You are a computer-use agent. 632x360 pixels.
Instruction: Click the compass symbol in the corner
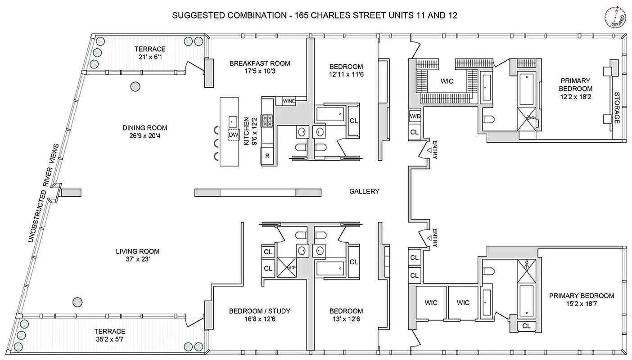click(x=614, y=18)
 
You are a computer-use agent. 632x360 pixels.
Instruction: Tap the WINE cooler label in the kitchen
click(x=289, y=101)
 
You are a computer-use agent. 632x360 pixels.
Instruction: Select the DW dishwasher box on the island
click(x=233, y=135)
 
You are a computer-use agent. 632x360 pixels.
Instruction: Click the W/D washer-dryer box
click(x=415, y=117)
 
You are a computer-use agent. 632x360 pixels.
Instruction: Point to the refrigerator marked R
click(x=267, y=156)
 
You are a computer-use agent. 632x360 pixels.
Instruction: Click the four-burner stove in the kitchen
click(x=267, y=121)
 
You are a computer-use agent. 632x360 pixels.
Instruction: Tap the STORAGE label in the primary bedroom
click(x=617, y=108)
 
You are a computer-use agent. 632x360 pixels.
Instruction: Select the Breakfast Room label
click(x=260, y=63)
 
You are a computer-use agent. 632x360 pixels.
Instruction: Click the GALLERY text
click(x=364, y=191)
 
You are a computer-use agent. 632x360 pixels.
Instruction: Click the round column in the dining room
click(x=135, y=86)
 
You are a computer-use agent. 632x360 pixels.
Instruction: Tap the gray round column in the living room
click(x=78, y=301)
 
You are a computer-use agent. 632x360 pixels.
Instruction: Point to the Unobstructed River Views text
click(x=43, y=193)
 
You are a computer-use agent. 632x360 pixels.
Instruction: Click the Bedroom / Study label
click(x=259, y=311)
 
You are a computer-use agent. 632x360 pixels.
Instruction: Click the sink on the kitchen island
click(x=233, y=121)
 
